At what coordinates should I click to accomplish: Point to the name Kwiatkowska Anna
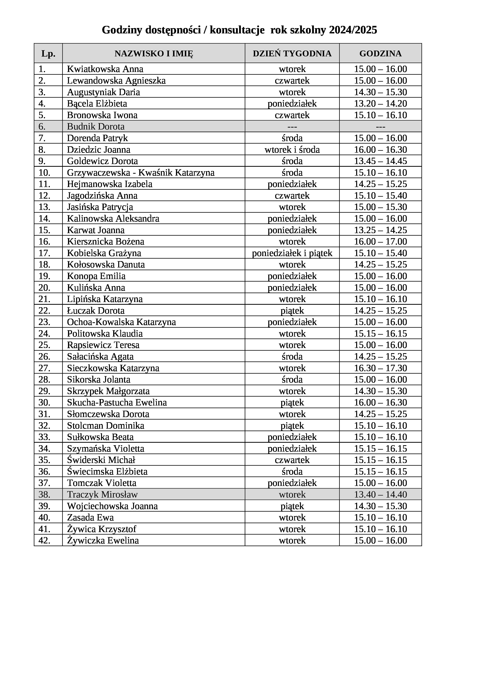pos(105,69)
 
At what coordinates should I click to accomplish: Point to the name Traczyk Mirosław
pos(102,494)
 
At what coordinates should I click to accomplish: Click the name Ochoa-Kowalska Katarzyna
pos(121,322)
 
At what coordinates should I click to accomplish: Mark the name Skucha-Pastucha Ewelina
pos(117,403)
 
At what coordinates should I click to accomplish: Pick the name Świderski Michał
pos(101,460)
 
